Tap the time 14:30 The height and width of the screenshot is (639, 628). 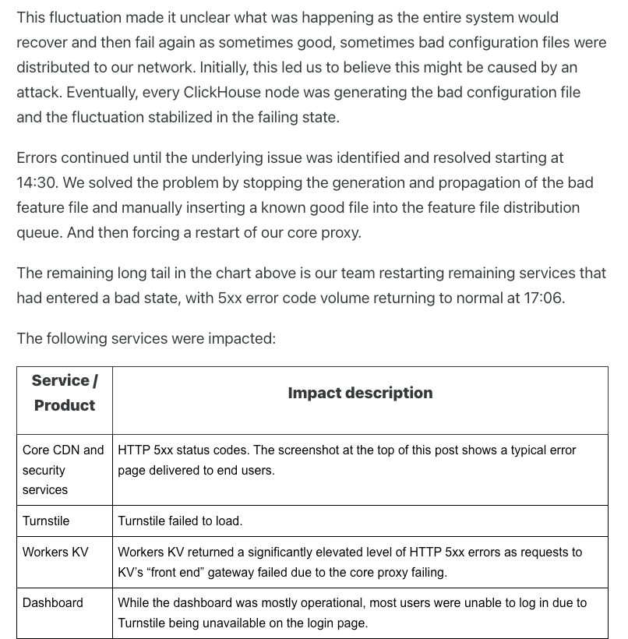tap(37, 182)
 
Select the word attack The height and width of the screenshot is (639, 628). tap(37, 92)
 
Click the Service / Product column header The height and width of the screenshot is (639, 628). tap(65, 393)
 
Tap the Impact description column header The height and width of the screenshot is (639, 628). tap(360, 393)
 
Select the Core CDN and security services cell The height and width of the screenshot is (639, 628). tap(63, 470)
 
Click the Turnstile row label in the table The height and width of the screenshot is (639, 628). tap(46, 521)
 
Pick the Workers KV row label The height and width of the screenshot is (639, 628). tap(55, 552)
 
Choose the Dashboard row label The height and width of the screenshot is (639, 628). tap(53, 602)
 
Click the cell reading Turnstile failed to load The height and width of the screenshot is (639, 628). tap(180, 521)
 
